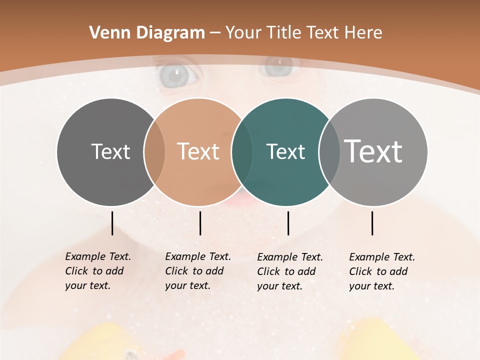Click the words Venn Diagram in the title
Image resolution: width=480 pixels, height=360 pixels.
coord(147,33)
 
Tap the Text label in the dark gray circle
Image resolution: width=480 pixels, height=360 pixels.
coord(110,151)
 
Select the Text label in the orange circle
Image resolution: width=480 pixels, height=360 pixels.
coord(198,151)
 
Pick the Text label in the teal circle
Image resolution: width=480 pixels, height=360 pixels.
coord(285,151)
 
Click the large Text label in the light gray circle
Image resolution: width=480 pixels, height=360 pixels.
coord(373,151)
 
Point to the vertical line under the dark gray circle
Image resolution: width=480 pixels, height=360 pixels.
coord(112,223)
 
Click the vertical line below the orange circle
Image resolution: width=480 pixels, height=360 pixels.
coord(200,223)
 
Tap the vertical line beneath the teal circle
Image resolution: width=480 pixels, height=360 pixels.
coord(288,223)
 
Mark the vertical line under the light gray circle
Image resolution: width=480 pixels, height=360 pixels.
coord(372,223)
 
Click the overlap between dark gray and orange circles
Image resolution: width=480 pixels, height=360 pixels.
coord(154,151)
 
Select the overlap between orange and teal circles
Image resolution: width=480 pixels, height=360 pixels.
coord(242,151)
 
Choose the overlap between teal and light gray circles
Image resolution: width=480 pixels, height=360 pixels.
coord(329,151)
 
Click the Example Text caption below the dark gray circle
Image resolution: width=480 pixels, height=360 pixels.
coord(98,271)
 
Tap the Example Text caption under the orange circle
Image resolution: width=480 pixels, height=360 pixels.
coord(198,271)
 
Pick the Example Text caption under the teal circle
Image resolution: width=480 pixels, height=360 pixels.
coord(290,271)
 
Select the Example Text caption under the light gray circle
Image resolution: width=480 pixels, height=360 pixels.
coord(382,271)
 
